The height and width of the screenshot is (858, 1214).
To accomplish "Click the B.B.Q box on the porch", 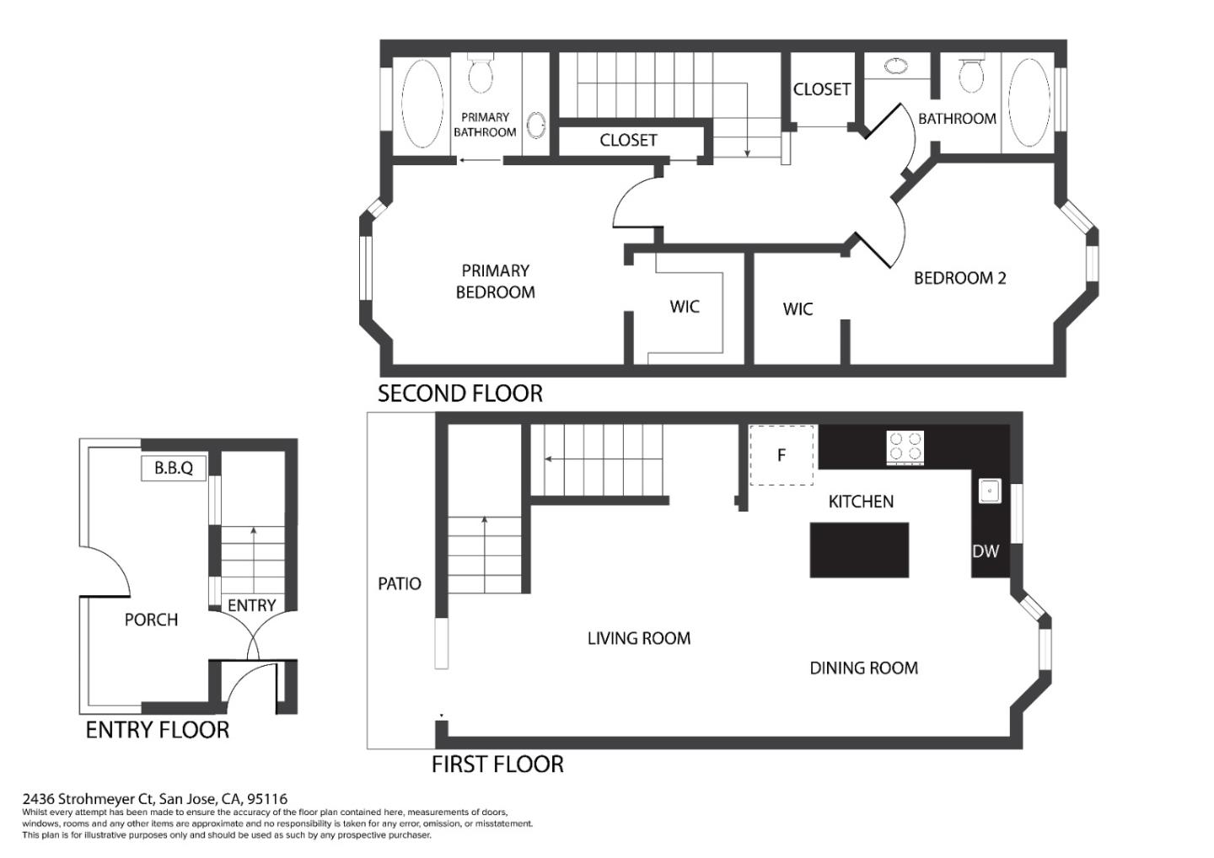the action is click(174, 468).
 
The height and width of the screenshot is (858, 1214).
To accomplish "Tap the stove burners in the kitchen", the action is click(905, 448).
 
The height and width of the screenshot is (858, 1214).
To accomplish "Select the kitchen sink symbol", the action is click(990, 491).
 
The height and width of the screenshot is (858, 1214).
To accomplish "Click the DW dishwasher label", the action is click(986, 551).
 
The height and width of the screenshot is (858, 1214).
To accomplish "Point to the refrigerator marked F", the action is click(781, 455).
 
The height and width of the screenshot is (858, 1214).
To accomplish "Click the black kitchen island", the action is click(859, 550).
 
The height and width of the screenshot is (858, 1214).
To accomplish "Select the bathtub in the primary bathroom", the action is click(422, 104).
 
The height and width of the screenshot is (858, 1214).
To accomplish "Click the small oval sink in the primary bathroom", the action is click(536, 125).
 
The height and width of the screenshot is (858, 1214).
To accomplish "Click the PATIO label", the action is click(400, 584).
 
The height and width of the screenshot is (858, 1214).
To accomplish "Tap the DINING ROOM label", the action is click(864, 668).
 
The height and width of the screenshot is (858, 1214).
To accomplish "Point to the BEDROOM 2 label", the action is click(959, 278).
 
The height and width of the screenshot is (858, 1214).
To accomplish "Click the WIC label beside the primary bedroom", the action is click(685, 307).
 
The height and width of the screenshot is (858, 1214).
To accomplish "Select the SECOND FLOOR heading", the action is click(460, 394).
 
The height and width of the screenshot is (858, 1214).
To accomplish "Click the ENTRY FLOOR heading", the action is click(158, 730).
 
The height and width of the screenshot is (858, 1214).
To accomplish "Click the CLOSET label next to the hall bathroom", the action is click(822, 89).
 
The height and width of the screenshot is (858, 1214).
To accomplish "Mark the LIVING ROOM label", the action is click(639, 639).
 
